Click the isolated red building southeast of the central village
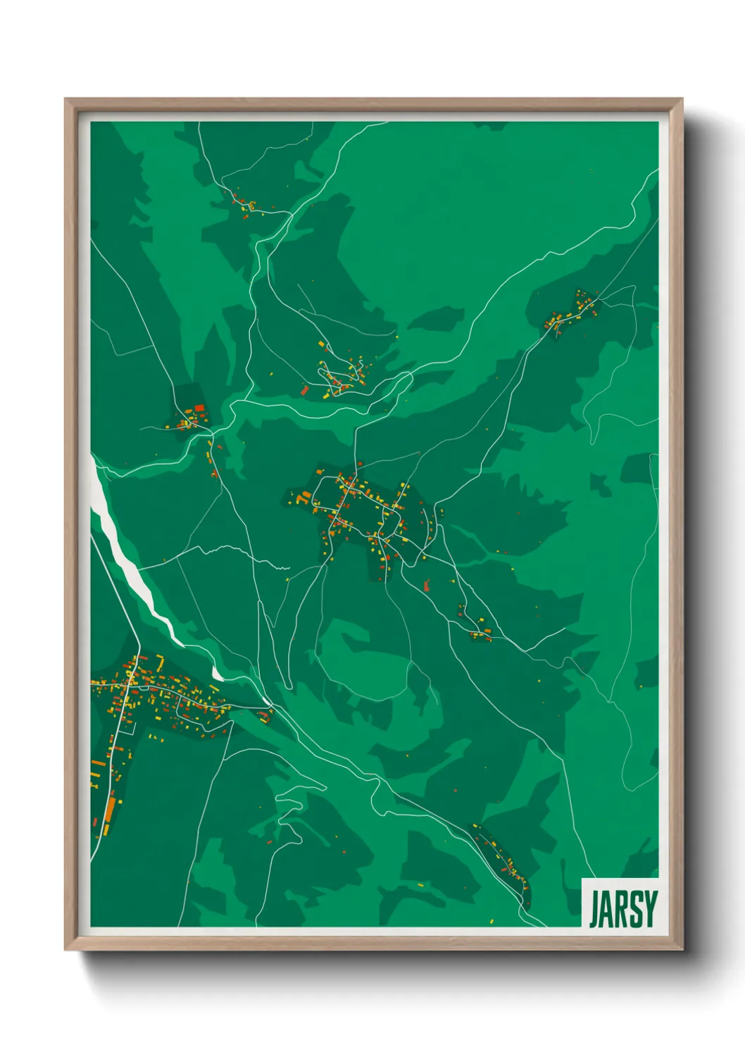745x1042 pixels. (427, 584)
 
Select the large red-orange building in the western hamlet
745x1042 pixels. (199, 408)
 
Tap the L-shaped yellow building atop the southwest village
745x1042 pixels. (161, 662)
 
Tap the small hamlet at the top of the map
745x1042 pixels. (246, 203)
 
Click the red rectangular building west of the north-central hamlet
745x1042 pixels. (305, 389)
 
